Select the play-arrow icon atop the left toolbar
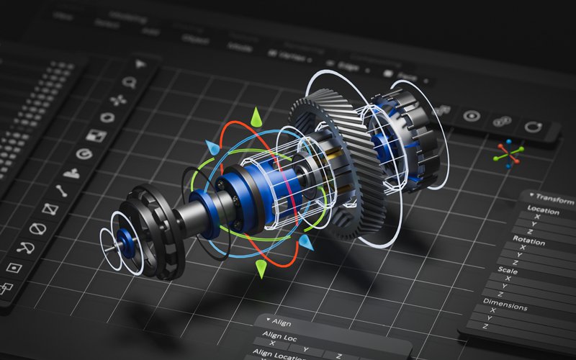[140, 64]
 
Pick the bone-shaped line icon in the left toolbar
[61, 191]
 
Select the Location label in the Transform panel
[543, 211]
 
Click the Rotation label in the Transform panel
[528, 239]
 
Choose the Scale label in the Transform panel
[508, 271]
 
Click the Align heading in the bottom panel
[282, 323]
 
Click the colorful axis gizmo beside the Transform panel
[509, 153]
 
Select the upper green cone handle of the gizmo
[255, 117]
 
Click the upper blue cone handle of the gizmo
[211, 148]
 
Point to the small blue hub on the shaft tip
[127, 240]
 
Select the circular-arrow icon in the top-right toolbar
[534, 127]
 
